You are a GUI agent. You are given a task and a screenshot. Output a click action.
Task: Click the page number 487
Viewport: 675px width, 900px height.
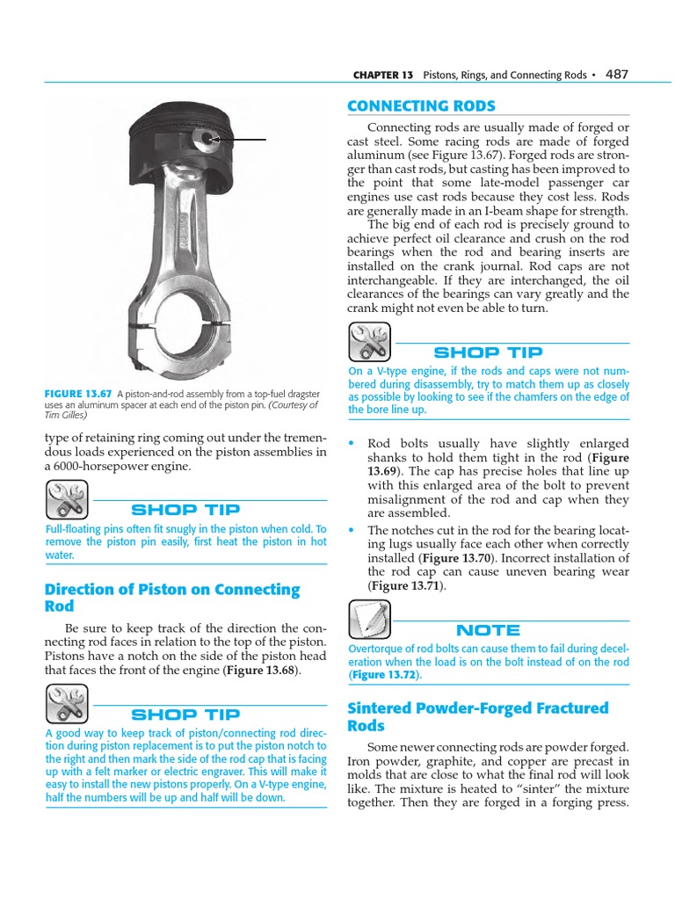coord(617,75)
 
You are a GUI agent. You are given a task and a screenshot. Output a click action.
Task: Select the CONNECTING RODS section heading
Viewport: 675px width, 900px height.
coord(421,106)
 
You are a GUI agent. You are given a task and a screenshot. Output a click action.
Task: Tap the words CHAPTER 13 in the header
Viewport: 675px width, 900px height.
coord(382,76)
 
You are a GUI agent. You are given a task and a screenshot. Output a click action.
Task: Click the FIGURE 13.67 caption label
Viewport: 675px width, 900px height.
coord(78,394)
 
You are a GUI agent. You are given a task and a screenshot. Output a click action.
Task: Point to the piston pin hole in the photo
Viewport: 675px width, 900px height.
coord(207,138)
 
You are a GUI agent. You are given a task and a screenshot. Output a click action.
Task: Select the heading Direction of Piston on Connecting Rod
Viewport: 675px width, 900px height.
coord(171,598)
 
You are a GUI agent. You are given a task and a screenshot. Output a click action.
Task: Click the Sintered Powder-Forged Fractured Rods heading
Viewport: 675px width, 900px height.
coord(477,716)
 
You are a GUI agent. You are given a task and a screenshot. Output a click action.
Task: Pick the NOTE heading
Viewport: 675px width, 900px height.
coord(488,630)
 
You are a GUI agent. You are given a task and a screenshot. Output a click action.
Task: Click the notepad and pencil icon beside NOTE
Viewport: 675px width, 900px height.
coord(369,620)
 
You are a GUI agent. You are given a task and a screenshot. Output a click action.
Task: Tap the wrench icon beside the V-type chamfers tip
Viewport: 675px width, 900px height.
coord(369,342)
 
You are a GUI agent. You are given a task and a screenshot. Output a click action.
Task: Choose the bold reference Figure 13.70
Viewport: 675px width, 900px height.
coord(455,558)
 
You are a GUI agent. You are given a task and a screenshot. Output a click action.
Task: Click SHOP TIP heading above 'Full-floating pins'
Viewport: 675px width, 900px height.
coord(185,510)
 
